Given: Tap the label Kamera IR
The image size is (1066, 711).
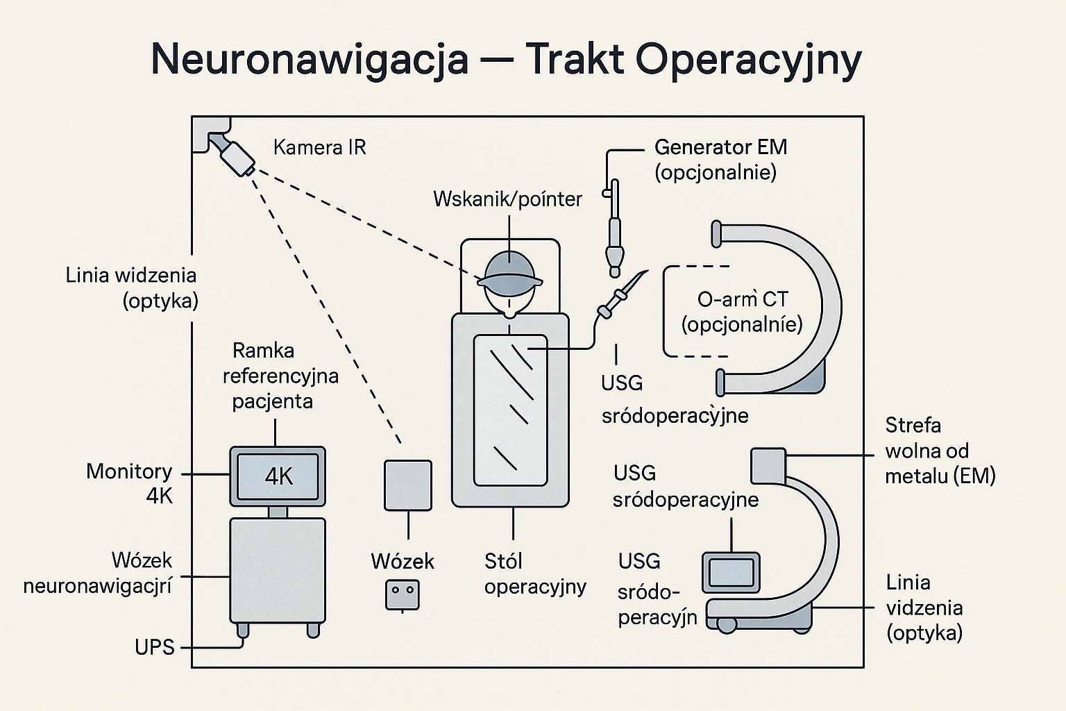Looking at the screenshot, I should (x=319, y=147).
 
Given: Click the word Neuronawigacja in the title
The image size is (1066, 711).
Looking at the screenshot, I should (x=310, y=60).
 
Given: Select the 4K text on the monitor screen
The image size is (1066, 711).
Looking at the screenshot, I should (x=278, y=476).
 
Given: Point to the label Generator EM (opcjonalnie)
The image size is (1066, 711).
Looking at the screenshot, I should (x=720, y=159).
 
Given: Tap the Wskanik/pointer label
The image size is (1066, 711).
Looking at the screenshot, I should (x=507, y=199).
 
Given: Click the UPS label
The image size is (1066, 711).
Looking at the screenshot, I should (x=155, y=647).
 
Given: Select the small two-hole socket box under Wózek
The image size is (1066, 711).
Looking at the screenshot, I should (x=402, y=595).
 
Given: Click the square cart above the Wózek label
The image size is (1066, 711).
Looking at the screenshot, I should (x=408, y=485).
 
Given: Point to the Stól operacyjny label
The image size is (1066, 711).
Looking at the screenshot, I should (x=534, y=574).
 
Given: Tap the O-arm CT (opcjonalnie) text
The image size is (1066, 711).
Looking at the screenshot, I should (x=742, y=312).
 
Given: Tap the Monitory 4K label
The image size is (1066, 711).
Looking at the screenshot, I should (x=130, y=483).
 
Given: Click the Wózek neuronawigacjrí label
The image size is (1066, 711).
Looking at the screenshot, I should (x=97, y=573).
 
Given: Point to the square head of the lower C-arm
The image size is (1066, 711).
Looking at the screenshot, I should (x=768, y=465).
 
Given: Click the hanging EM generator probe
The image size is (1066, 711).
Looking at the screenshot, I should (x=614, y=229).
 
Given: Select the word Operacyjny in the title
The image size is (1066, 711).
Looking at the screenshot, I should (x=747, y=60).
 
